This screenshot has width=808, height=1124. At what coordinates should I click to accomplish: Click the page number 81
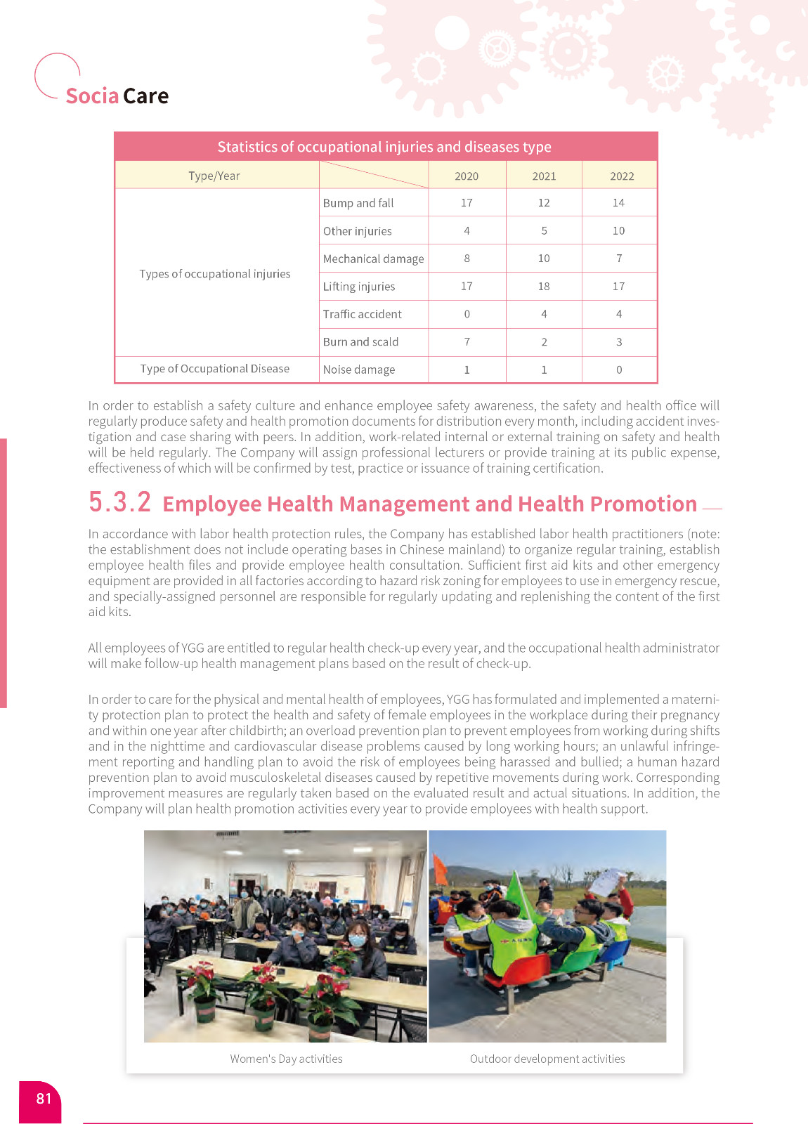(44, 1099)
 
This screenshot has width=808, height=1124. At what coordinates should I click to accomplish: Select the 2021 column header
(544, 176)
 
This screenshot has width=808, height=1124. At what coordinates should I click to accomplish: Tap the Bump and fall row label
(358, 203)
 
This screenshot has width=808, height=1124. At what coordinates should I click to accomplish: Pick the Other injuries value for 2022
(618, 230)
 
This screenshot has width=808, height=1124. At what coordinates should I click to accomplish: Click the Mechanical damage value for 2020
(467, 259)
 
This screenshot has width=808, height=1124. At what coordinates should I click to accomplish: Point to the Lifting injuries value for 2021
(544, 287)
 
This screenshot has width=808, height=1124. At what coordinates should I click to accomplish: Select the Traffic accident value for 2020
(467, 314)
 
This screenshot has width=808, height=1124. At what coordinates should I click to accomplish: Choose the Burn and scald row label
(360, 342)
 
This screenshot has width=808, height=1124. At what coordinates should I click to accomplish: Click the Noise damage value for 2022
(618, 370)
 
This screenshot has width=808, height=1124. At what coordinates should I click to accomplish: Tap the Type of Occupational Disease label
(214, 369)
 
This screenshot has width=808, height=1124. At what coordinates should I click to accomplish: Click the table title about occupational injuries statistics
(384, 147)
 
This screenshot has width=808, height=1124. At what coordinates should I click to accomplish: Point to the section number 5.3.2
(119, 502)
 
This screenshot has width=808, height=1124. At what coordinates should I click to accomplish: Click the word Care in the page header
(146, 96)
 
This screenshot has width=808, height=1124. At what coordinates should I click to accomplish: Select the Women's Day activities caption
(286, 1059)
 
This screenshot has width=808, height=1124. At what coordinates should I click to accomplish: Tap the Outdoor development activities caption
(547, 1059)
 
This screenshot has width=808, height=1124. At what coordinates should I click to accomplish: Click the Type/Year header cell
(214, 176)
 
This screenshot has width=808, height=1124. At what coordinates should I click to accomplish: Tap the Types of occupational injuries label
(214, 274)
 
